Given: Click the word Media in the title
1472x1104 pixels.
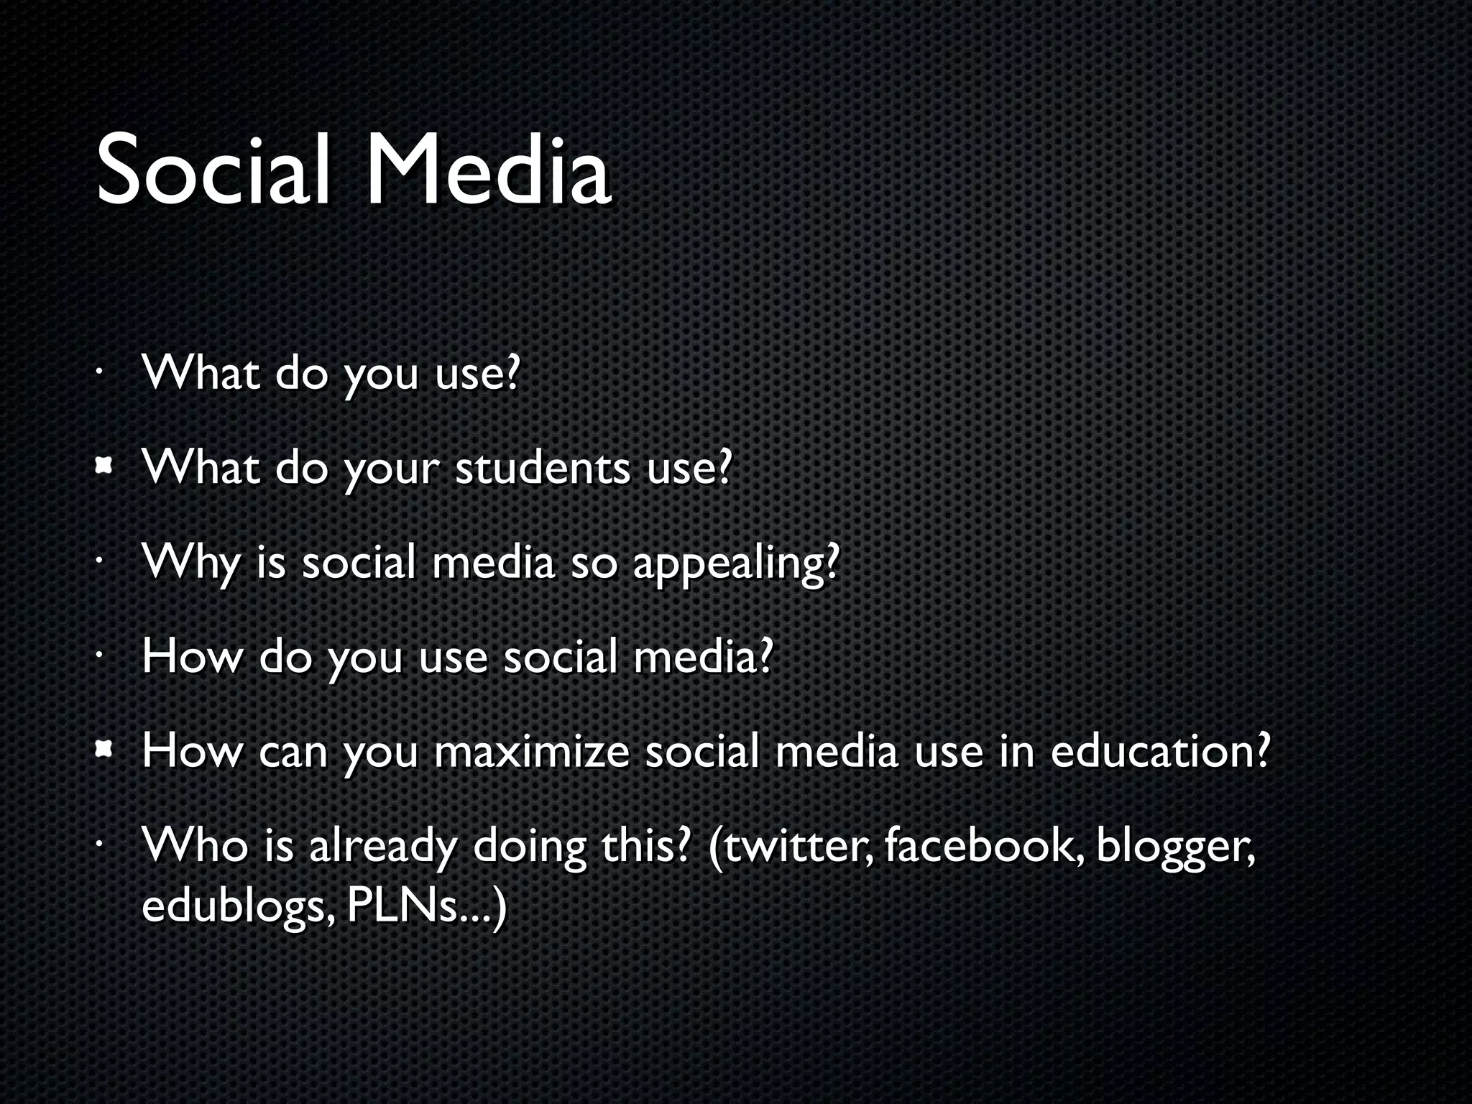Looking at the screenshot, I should [x=489, y=171].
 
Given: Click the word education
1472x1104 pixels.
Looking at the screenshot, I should [x=1159, y=752].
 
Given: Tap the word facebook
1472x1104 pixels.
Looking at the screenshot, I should [x=983, y=847].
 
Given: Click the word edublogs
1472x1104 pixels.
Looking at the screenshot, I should [x=237, y=907].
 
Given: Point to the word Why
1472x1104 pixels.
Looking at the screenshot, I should [x=190, y=563].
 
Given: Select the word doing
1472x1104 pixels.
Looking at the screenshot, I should [x=529, y=847].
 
